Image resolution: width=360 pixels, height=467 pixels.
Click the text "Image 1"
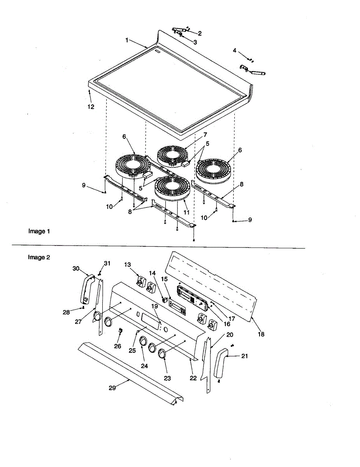(x=39, y=231)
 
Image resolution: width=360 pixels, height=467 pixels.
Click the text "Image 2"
(x=39, y=257)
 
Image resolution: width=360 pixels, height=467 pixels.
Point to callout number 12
(x=91, y=107)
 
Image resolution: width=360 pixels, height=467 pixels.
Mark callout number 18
(x=261, y=334)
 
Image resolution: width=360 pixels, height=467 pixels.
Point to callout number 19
(x=155, y=306)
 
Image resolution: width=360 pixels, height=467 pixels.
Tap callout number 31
(x=107, y=263)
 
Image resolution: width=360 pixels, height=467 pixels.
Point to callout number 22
(x=193, y=378)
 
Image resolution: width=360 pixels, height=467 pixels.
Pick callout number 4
(x=235, y=50)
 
